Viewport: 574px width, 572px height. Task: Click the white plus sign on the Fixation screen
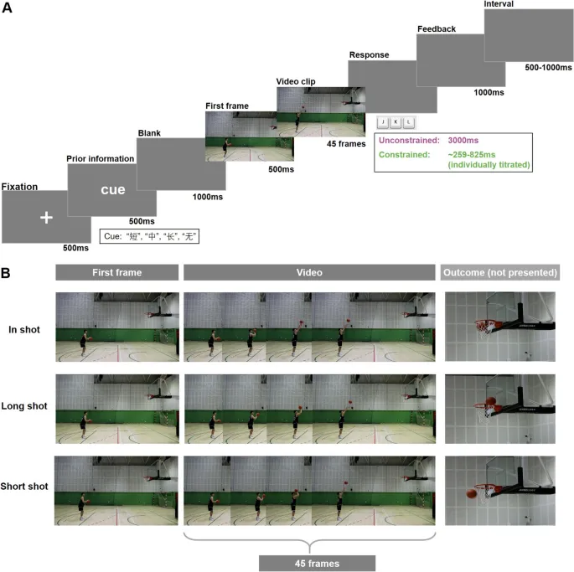(46, 217)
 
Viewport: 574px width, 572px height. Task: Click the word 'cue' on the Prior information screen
(113, 189)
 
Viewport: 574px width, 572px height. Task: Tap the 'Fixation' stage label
(20, 186)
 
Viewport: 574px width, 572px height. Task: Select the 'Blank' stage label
(151, 131)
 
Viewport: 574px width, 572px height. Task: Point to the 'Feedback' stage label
(437, 28)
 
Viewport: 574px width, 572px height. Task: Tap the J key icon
(384, 122)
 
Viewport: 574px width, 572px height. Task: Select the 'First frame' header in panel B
(116, 272)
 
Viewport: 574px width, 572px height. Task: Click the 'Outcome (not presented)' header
(497, 272)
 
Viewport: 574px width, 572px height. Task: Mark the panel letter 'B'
(7, 272)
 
